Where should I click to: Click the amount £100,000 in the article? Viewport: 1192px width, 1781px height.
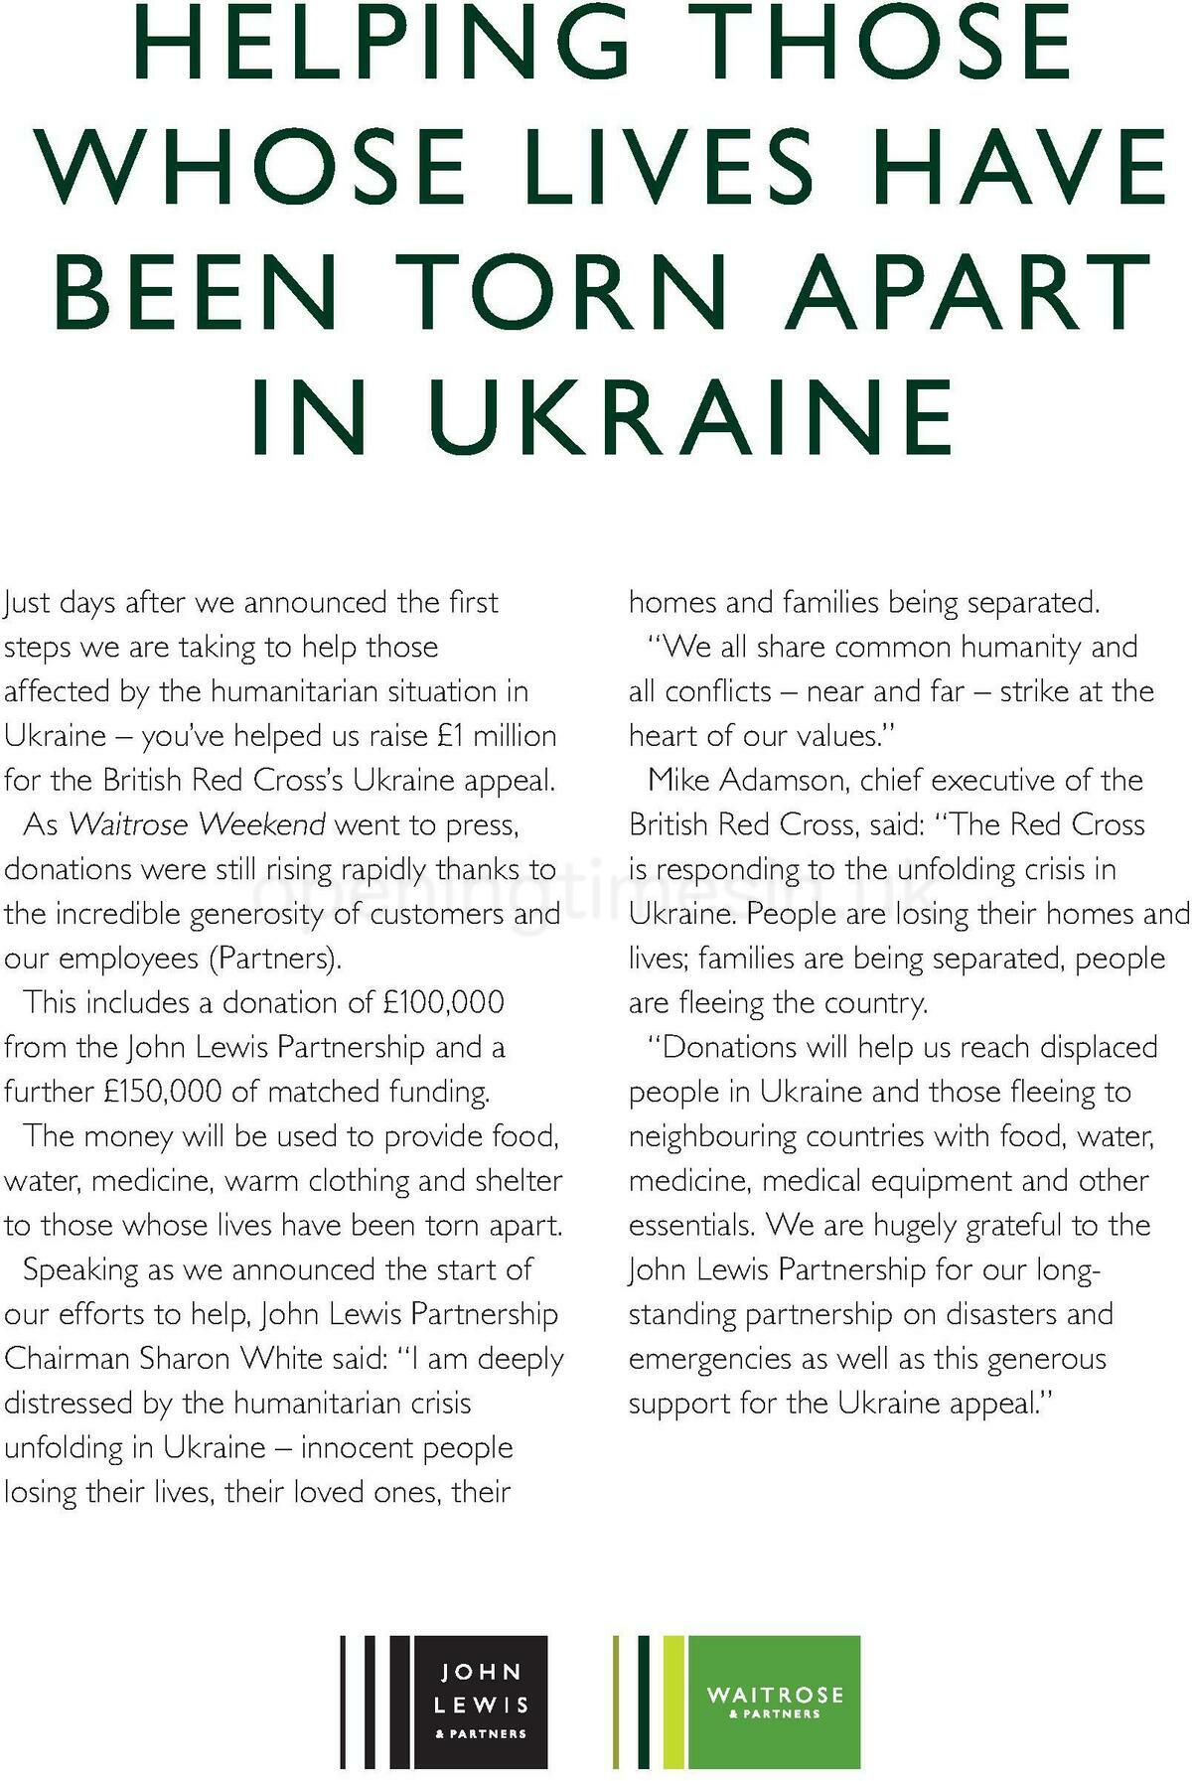click(x=443, y=1002)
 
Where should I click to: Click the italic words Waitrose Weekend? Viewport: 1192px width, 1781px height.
click(x=197, y=824)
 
